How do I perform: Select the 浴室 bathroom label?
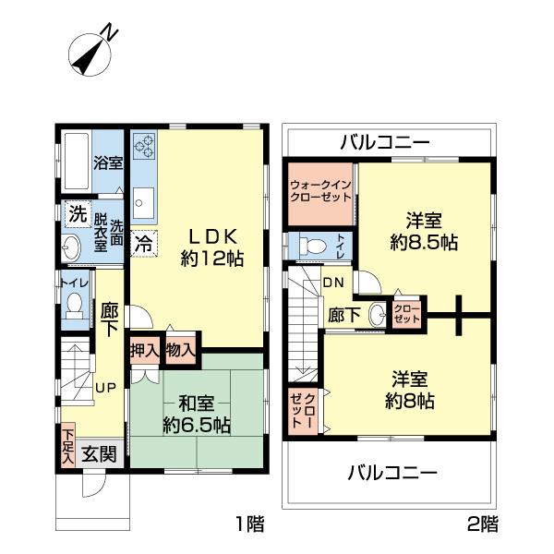pyautogui.click(x=108, y=163)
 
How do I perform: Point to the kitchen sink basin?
pyautogui.click(x=145, y=199)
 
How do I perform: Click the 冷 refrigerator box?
pyautogui.click(x=144, y=245)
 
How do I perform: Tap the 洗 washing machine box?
pyautogui.click(x=77, y=211)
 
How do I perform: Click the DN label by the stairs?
pyautogui.click(x=333, y=283)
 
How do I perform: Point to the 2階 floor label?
pyautogui.click(x=483, y=525)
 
